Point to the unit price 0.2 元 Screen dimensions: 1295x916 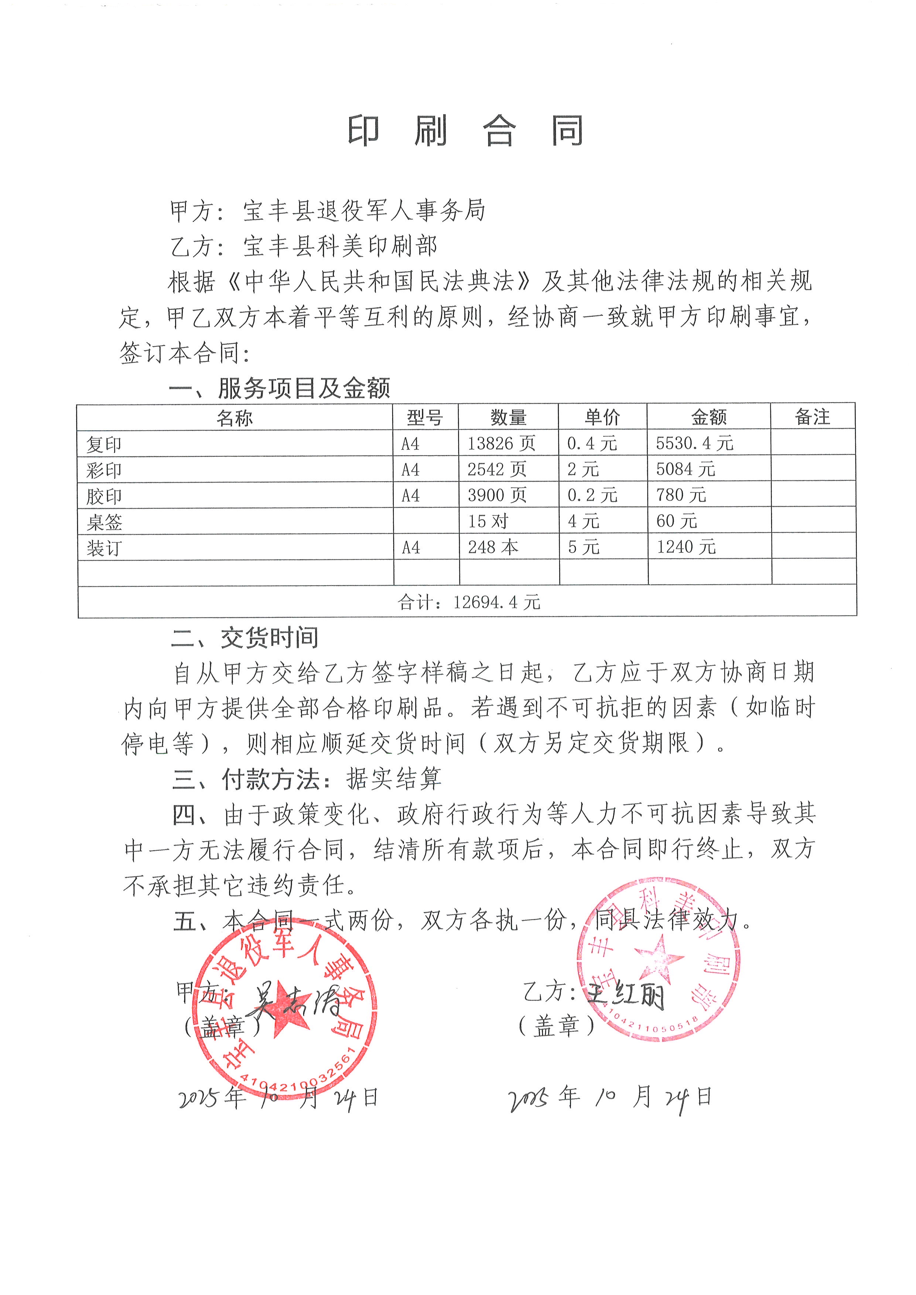(x=592, y=495)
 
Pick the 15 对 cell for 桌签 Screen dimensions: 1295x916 (x=488, y=521)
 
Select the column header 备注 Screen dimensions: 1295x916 (x=812, y=417)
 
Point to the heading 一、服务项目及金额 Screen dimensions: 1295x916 (x=279, y=388)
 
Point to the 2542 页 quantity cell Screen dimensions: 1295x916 (x=496, y=469)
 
